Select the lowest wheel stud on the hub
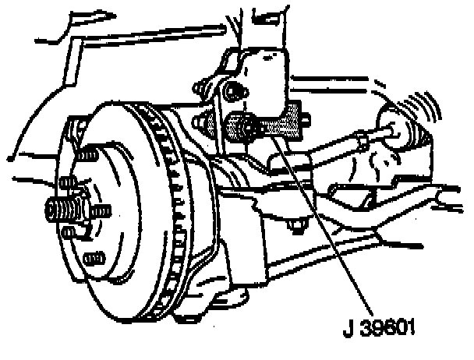(x=93, y=258)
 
